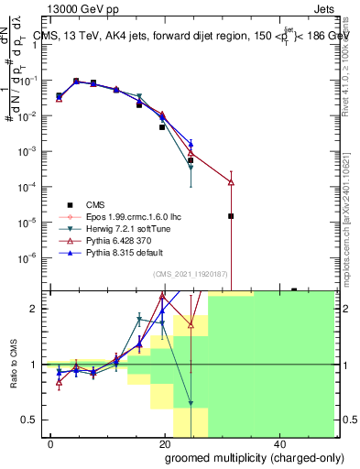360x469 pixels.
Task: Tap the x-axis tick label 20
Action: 165,443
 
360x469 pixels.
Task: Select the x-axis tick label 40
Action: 278,443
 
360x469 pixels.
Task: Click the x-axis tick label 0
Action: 51,443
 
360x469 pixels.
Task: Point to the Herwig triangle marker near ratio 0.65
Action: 191,403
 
